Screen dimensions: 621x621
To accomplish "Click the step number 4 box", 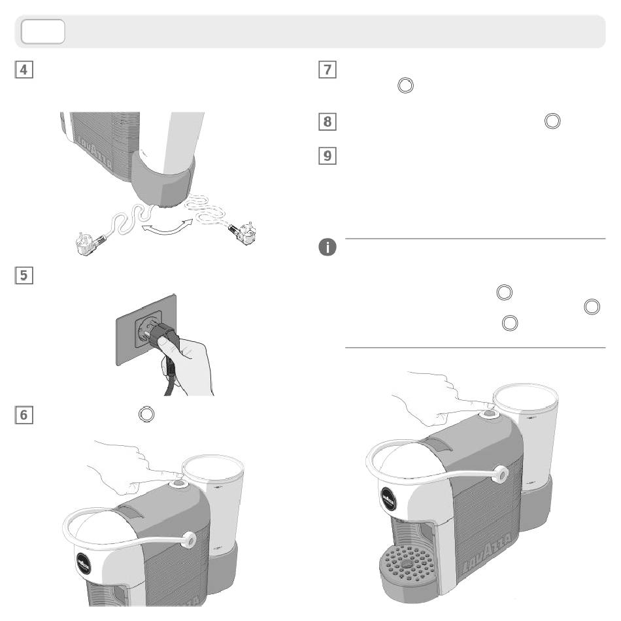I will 25,69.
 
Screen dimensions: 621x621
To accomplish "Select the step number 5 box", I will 25,276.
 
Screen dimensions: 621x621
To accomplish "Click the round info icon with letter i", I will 327,247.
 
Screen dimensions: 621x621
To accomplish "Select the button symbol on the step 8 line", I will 552,121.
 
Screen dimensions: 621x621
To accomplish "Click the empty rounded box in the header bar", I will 42,31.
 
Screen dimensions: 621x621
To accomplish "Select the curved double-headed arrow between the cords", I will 163,229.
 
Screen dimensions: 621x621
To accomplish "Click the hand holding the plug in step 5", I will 186,363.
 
